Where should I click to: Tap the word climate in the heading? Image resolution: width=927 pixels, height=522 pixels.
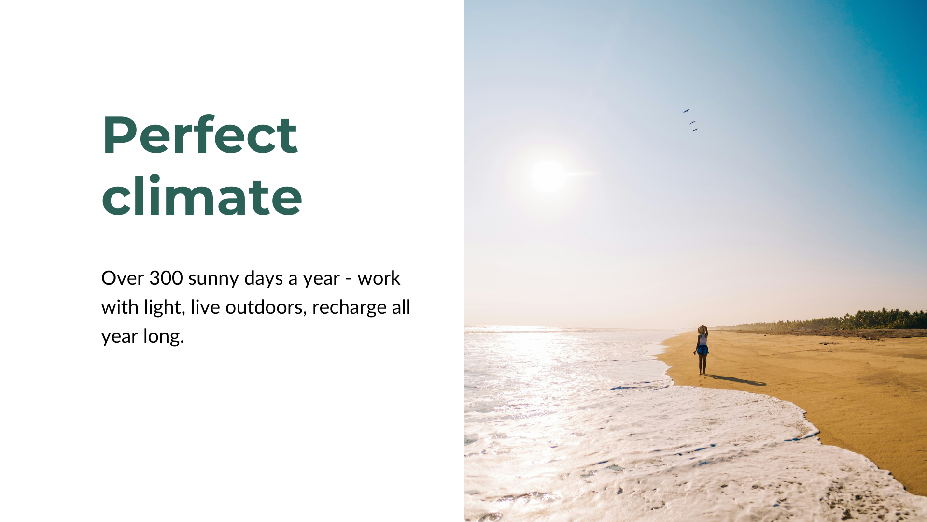point(202,196)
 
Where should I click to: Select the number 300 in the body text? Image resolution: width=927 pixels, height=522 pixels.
point(166,278)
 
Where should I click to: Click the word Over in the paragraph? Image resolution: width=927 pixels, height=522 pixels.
point(123,278)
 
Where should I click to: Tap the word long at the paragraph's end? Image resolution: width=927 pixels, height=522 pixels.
point(164,337)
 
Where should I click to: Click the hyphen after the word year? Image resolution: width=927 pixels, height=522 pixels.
point(349,279)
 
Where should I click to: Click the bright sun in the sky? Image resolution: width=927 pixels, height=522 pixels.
point(549,176)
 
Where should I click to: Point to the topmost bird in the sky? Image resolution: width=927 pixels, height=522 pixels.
point(686,111)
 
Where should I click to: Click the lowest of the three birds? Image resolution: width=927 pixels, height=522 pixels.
point(695,130)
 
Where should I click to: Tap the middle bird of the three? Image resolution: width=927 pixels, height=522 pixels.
point(692,122)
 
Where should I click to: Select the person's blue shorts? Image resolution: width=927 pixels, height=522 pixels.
point(703,350)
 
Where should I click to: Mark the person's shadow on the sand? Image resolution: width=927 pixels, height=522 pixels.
point(736,380)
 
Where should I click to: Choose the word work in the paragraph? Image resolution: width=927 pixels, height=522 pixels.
point(379,278)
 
